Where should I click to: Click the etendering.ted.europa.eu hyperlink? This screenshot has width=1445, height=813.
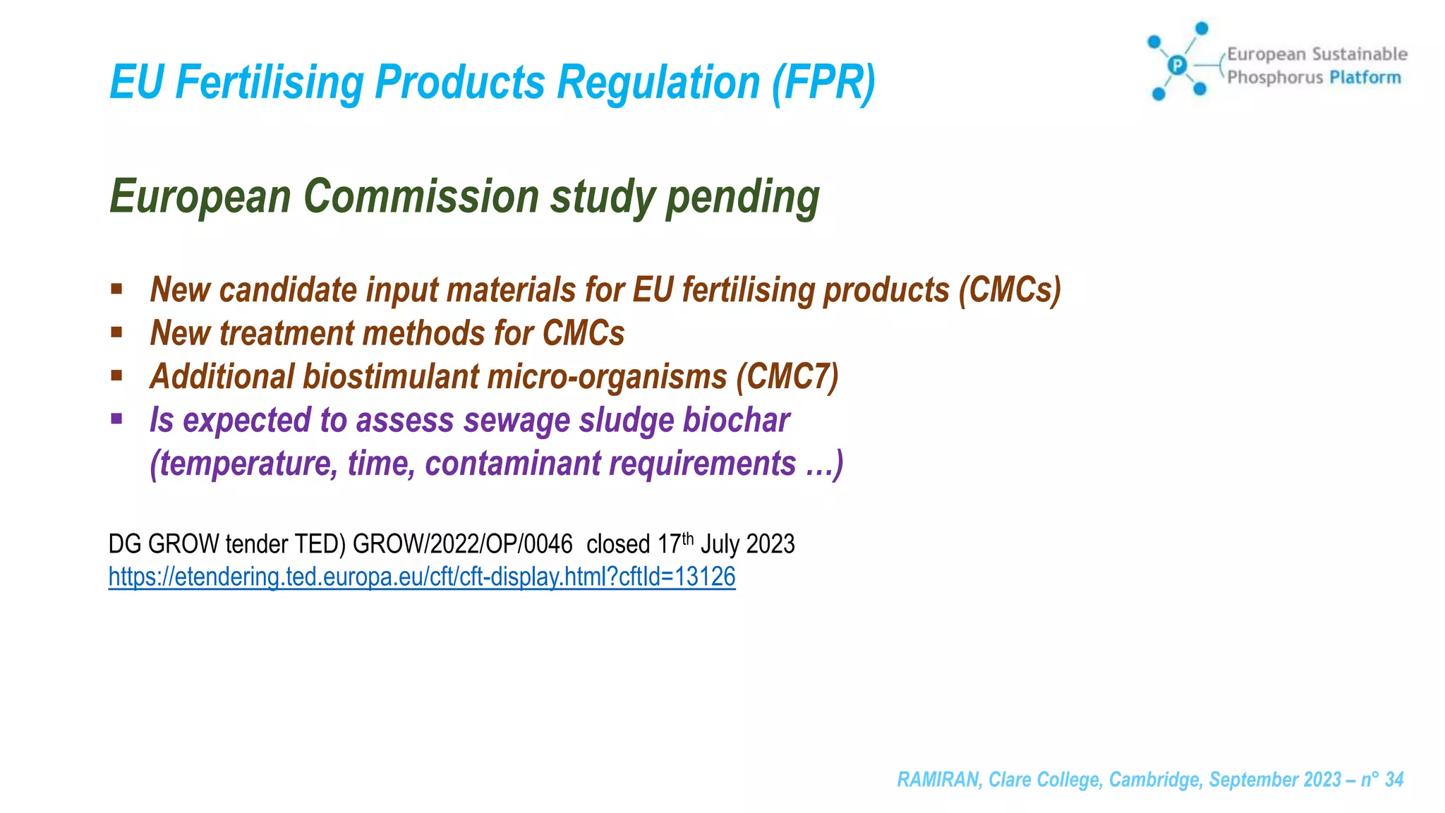[422, 577]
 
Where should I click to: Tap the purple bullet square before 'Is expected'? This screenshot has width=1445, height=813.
[116, 419]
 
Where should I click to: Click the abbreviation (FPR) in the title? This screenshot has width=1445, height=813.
[823, 83]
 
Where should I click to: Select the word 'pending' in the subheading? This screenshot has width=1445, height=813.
[743, 197]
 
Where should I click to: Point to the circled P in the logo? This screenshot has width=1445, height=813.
[1177, 66]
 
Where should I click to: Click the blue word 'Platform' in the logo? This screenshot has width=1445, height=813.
[1365, 77]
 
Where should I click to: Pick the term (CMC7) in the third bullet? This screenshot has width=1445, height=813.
[787, 376]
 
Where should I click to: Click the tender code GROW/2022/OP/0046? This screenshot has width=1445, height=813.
[462, 544]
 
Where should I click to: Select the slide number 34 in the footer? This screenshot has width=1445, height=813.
[1394, 779]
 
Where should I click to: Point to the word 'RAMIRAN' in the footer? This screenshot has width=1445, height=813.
[938, 779]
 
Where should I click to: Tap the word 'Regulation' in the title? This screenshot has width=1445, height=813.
[659, 83]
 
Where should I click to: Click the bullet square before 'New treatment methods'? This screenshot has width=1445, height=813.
[116, 332]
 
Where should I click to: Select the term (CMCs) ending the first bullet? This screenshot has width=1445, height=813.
[1010, 290]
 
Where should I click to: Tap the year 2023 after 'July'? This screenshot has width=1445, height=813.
[770, 544]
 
